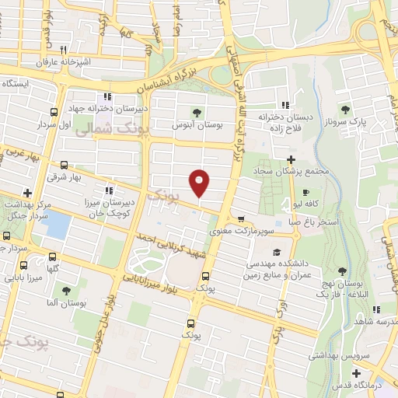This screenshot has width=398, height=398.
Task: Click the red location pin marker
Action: click(201, 182)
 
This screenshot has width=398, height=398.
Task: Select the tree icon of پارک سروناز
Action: click(346, 110)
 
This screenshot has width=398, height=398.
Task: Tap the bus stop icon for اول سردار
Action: click(54, 111)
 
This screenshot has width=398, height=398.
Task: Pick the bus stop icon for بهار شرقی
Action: click(63, 165)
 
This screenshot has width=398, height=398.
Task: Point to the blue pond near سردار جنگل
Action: click(54, 225)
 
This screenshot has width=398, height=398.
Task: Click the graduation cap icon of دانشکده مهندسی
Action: click(276, 253)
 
